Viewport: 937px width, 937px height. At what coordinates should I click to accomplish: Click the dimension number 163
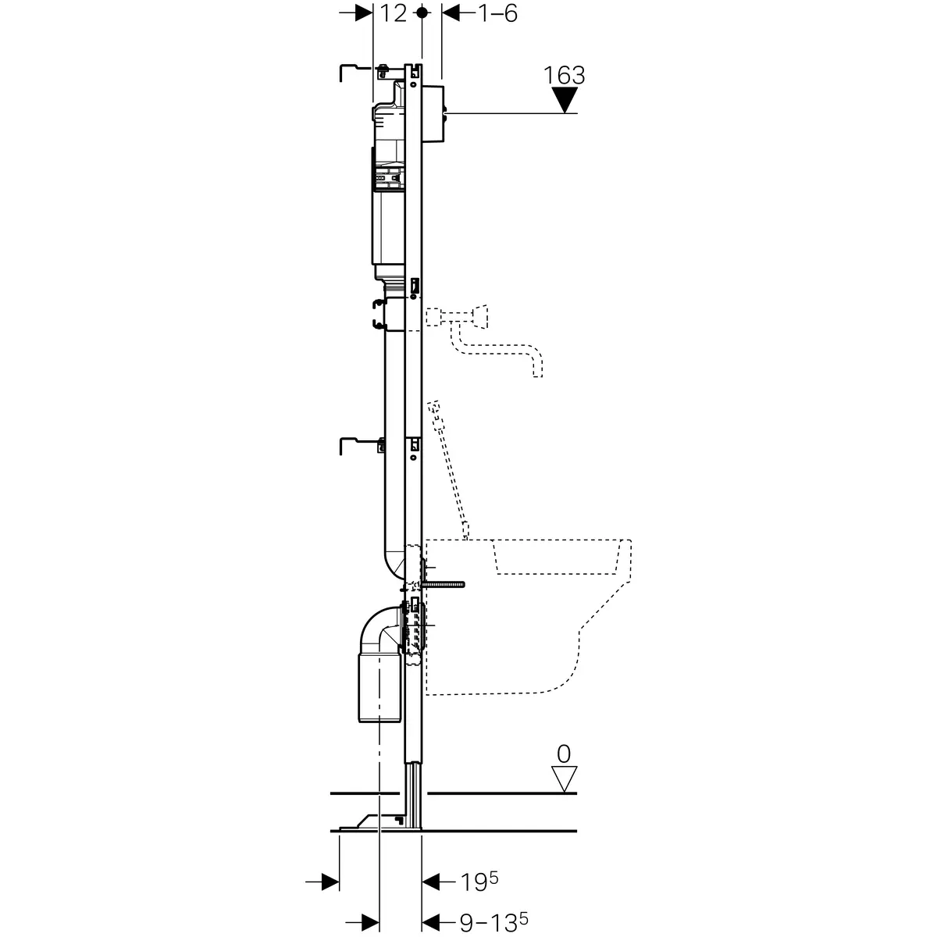click(564, 76)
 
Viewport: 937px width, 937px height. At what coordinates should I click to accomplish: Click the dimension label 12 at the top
click(393, 13)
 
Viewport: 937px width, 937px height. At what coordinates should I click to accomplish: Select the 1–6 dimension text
click(498, 13)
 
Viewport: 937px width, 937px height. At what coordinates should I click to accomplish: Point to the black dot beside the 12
click(422, 12)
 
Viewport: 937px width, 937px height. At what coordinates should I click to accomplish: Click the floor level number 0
click(564, 754)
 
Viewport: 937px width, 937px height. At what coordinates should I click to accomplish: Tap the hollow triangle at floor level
click(564, 779)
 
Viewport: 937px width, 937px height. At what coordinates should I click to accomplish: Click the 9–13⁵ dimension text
click(493, 921)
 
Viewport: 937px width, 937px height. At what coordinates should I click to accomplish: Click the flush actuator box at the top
click(433, 114)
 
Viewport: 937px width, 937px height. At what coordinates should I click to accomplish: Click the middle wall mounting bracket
click(363, 446)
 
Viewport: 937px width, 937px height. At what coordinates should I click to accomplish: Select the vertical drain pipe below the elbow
click(379, 686)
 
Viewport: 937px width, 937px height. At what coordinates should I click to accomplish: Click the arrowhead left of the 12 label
click(364, 13)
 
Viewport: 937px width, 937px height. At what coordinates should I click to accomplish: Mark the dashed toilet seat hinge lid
click(449, 469)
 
